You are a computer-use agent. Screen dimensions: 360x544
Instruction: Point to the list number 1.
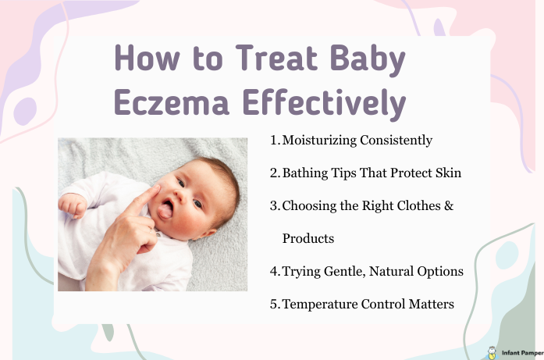coord(273,141)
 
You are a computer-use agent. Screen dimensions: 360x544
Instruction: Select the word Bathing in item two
coord(304,173)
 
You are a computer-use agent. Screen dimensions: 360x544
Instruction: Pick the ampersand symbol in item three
coord(449,205)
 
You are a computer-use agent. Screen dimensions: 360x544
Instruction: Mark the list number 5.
coord(273,304)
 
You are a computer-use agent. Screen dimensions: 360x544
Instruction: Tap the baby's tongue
coord(165,209)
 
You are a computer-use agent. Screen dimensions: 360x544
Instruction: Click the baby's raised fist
coord(73,205)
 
